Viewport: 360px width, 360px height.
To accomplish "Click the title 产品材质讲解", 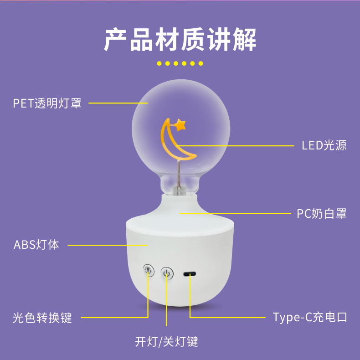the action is pyautogui.click(x=180, y=40).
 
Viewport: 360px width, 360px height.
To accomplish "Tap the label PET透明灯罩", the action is pyautogui.click(x=47, y=103).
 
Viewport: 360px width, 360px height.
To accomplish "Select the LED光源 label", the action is pyautogui.click(x=324, y=145).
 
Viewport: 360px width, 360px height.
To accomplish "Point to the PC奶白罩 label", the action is pyautogui.click(x=322, y=213).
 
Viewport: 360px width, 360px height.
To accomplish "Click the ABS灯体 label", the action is pyautogui.click(x=36, y=245).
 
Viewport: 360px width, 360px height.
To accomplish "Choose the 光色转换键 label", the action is pyautogui.click(x=42, y=317).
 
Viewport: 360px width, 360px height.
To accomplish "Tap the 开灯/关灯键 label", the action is pyautogui.click(x=166, y=341).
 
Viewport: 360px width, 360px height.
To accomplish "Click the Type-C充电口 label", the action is pyautogui.click(x=310, y=317).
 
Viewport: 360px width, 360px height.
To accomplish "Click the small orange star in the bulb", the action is pyautogui.click(x=181, y=124).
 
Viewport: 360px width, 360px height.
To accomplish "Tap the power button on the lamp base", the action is pyautogui.click(x=167, y=273).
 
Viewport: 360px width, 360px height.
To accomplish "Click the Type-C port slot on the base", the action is pyautogui.click(x=190, y=274).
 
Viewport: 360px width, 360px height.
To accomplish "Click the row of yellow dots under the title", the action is pyautogui.click(x=180, y=63).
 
